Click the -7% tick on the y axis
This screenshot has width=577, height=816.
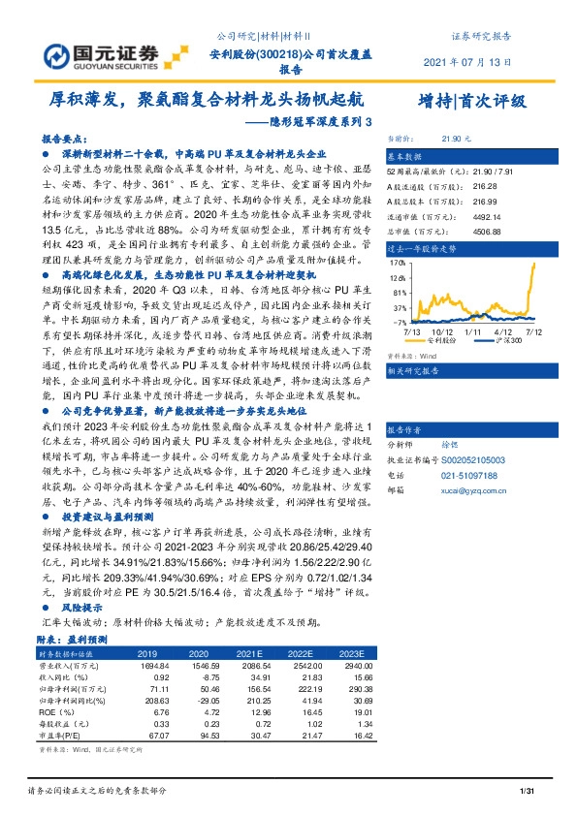pyautogui.click(x=399, y=321)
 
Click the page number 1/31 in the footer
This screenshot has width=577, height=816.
pyautogui.click(x=529, y=794)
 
